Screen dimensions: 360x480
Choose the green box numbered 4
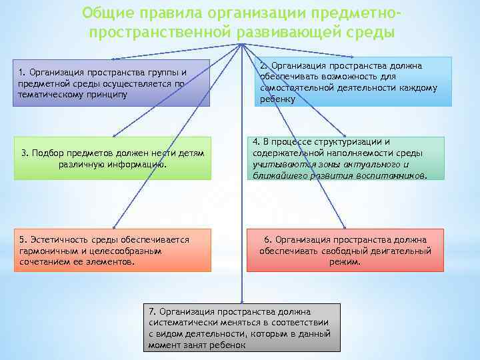click(x=347, y=158)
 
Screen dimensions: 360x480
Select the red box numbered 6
click(x=345, y=250)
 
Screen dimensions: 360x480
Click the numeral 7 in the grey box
click(x=153, y=311)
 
